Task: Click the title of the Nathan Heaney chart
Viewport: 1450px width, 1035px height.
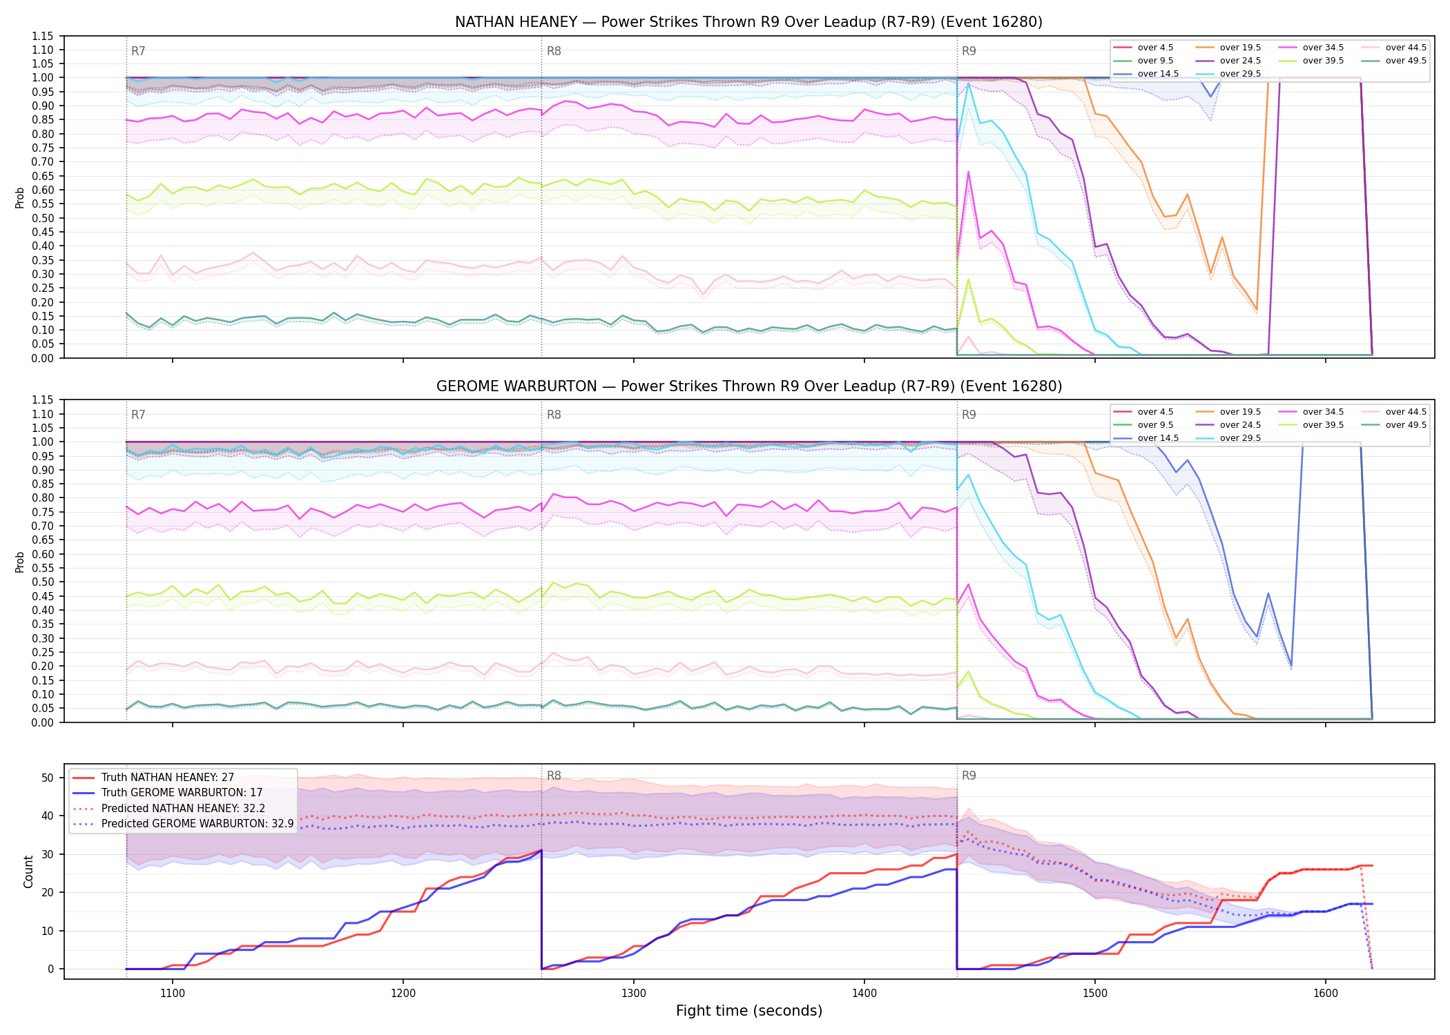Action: [748, 22]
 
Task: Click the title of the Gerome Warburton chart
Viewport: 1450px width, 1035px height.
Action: [748, 386]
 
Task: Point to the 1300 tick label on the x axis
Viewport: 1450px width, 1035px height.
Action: [634, 994]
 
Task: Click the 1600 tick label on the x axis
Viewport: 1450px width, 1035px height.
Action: [1325, 994]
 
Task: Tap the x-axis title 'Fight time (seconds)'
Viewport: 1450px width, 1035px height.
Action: [749, 1011]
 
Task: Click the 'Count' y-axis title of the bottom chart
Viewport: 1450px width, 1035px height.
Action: [28, 871]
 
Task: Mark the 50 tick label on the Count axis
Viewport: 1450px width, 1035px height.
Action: [48, 778]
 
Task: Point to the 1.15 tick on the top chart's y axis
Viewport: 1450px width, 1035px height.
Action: [43, 36]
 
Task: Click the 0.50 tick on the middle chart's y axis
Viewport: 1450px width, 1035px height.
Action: [43, 582]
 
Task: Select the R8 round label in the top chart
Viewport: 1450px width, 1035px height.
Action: [554, 51]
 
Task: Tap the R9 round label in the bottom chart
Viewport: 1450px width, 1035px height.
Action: [969, 776]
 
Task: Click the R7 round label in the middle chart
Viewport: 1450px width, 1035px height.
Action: [138, 415]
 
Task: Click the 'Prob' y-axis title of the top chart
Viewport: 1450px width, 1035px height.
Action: [20, 197]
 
